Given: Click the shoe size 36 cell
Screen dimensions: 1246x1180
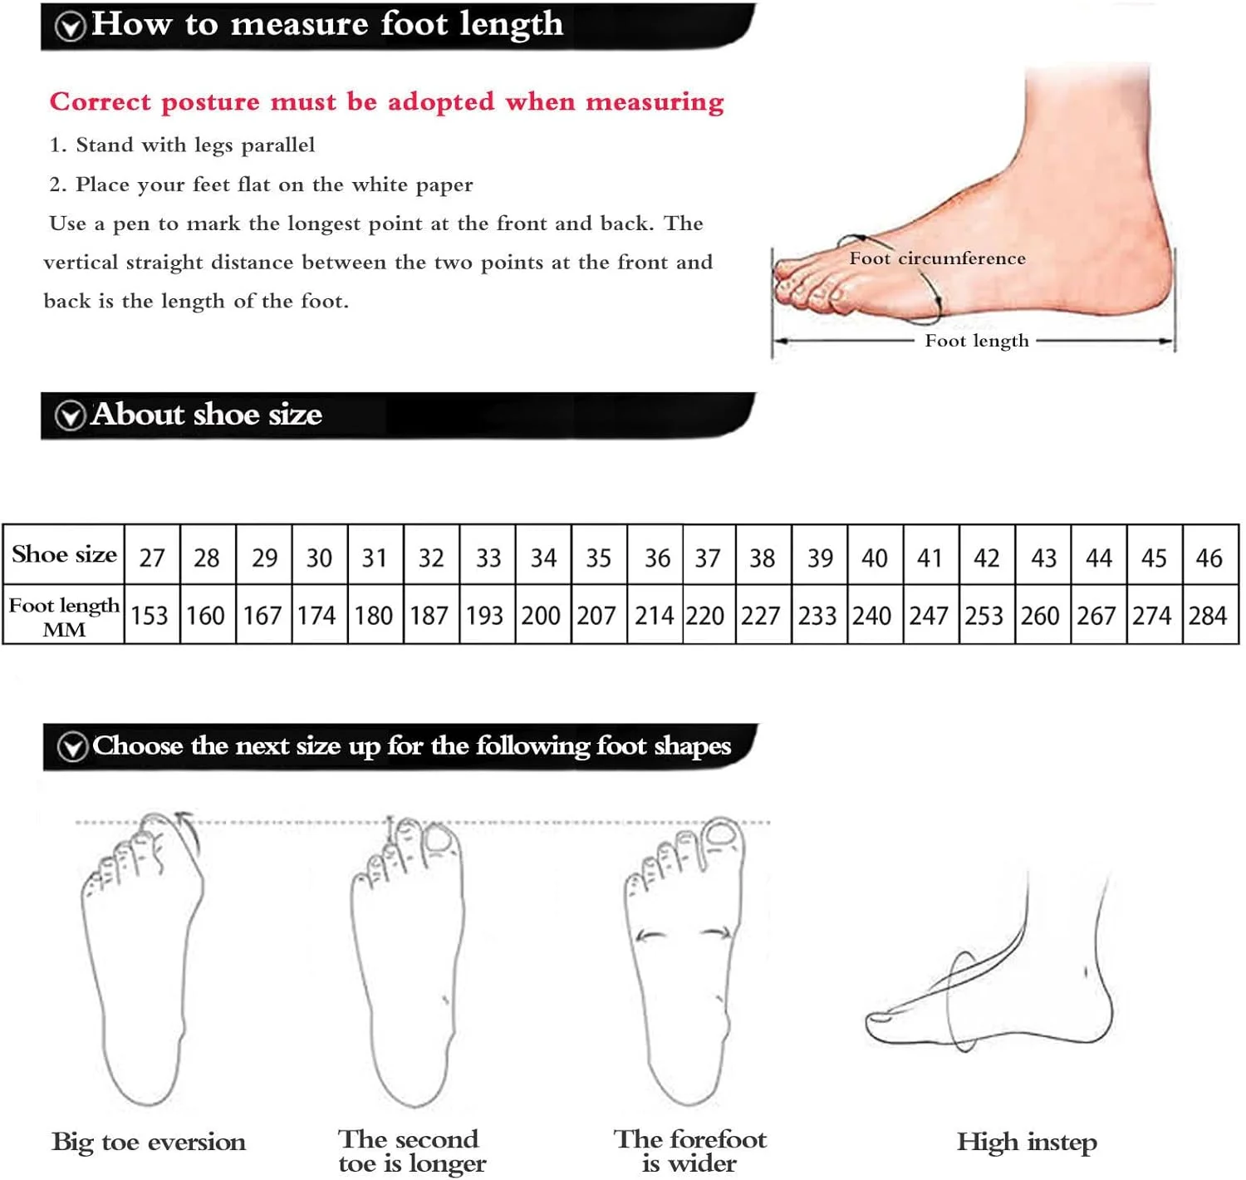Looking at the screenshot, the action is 655,555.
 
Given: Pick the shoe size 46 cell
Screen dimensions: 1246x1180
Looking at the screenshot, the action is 1210,555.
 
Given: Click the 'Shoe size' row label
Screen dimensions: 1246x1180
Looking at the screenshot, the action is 64,554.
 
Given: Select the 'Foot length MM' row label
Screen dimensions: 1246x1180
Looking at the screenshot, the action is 64,617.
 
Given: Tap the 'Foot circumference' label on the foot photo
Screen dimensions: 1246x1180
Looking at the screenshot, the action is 937,258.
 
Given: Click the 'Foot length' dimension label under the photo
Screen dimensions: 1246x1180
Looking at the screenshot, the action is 977,342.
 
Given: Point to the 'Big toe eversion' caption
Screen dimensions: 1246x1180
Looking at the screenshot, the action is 149,1142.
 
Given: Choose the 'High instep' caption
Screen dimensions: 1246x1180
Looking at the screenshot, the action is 1027,1142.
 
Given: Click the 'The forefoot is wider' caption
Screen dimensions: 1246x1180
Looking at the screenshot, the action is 689,1151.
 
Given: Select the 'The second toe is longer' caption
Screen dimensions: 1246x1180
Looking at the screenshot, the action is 412,1151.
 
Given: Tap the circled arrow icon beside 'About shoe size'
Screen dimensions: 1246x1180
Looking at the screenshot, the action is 70,416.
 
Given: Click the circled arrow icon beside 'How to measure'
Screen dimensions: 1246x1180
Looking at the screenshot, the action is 70,27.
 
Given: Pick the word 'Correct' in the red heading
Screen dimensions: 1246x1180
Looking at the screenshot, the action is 101,102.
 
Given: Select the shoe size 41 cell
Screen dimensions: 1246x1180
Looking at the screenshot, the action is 930,555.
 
